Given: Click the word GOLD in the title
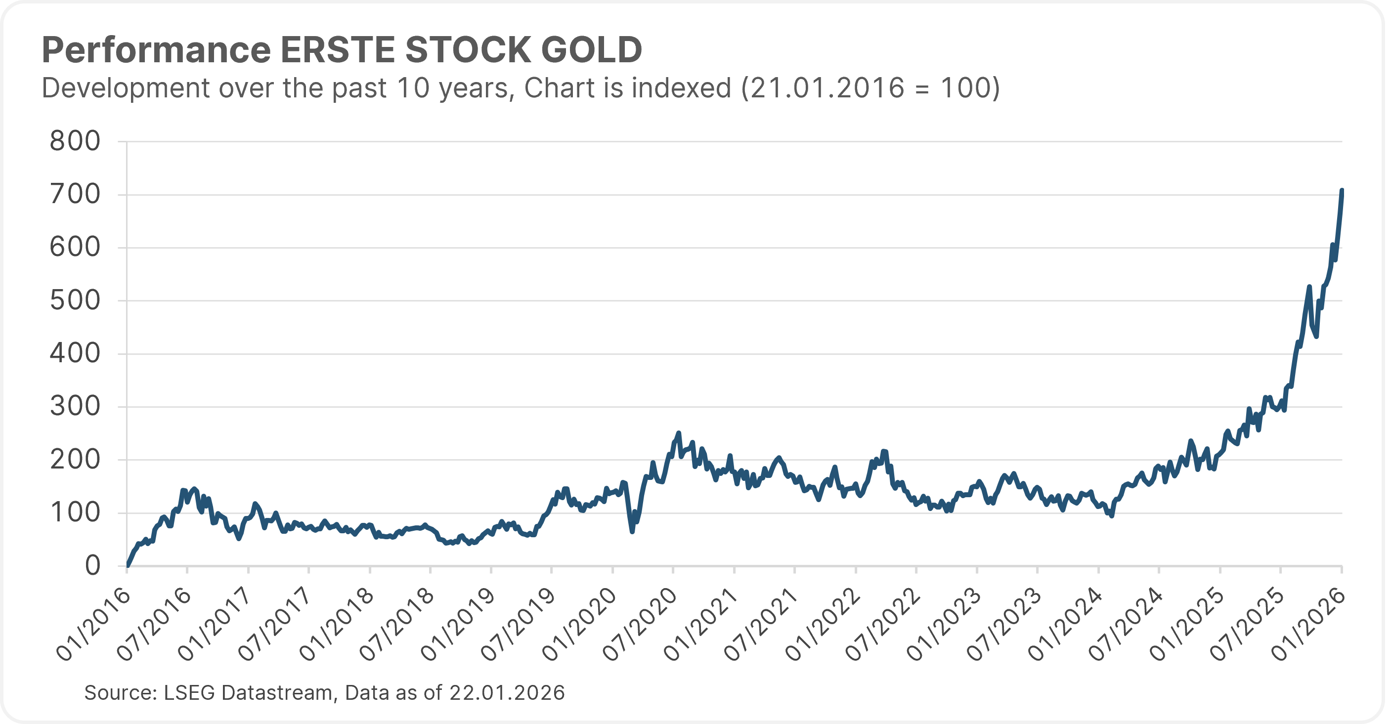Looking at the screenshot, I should coord(591,50).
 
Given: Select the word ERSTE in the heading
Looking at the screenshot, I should coord(338,50).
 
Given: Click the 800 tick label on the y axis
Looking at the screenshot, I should coord(75,141).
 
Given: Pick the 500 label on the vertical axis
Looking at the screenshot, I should coord(75,300).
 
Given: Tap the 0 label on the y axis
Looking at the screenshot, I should coord(92,566).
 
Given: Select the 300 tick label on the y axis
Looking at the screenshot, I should coord(75,406).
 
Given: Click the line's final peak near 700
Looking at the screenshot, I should coord(1342,190).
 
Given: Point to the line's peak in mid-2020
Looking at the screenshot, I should coord(679,433).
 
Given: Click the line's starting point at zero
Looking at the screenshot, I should coord(128,565).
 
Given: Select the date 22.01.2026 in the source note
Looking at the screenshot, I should coord(507,693).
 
